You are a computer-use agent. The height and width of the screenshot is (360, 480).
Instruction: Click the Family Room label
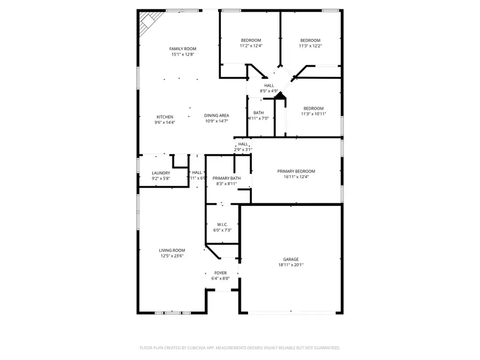click(x=183, y=49)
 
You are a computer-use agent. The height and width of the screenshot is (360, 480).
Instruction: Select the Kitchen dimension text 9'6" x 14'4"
click(x=165, y=122)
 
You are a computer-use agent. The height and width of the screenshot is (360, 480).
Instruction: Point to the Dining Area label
click(x=217, y=116)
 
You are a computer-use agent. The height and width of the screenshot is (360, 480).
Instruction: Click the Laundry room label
click(x=161, y=173)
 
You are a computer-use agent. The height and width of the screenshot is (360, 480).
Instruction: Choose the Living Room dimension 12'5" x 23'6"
click(x=172, y=256)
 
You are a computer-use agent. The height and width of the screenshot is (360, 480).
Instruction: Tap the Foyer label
click(x=221, y=272)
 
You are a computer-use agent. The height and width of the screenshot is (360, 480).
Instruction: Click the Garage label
click(x=291, y=259)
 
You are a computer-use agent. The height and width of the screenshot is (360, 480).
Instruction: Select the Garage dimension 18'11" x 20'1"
click(x=291, y=265)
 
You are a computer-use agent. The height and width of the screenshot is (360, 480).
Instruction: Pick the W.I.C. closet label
click(x=223, y=224)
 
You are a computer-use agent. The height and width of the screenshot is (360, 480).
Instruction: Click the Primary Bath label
click(x=227, y=178)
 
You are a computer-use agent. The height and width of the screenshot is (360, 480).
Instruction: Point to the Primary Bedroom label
click(x=296, y=171)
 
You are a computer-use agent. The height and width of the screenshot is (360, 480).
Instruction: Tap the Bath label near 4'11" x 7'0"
click(x=259, y=113)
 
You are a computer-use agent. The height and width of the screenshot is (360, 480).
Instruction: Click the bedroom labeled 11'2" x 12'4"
click(x=251, y=41)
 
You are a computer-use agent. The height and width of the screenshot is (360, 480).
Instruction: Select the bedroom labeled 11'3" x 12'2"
click(x=310, y=41)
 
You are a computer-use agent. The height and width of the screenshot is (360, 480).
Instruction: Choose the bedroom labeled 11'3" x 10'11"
click(x=313, y=108)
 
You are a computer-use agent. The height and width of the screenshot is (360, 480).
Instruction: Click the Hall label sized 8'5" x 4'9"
click(x=269, y=85)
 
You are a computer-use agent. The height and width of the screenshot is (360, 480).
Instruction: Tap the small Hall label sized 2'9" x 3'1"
click(x=243, y=144)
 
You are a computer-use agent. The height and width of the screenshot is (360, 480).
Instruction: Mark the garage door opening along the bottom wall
click(x=292, y=313)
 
